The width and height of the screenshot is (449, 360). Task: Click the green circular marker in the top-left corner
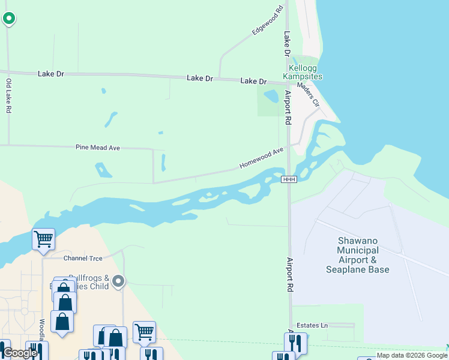(x=8, y=19)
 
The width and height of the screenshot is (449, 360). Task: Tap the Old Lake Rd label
(x=8, y=96)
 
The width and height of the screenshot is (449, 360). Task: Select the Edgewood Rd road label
(x=268, y=20)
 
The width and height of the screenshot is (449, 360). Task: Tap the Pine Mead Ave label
(x=98, y=147)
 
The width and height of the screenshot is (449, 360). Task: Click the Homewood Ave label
(x=261, y=158)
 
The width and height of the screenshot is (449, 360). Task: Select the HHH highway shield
(x=289, y=179)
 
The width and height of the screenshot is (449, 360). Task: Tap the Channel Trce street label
(x=83, y=258)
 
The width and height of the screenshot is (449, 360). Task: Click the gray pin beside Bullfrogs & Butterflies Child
(x=119, y=281)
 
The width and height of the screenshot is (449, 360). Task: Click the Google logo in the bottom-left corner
(x=20, y=353)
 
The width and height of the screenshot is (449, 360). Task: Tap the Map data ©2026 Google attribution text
(x=412, y=356)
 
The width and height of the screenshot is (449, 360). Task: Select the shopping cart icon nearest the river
(x=43, y=239)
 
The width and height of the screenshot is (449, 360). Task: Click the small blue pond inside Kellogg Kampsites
(x=271, y=96)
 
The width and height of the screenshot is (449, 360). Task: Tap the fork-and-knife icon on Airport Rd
(x=295, y=343)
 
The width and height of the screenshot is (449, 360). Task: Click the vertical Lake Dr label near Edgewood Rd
(x=287, y=44)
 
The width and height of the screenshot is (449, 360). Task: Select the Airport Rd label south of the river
(x=289, y=275)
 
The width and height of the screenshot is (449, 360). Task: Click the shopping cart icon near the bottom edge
(x=144, y=332)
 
